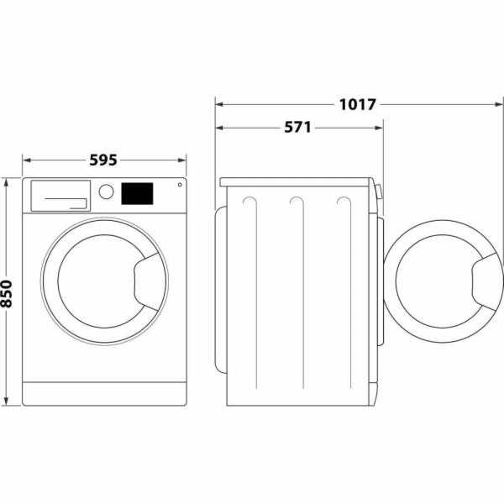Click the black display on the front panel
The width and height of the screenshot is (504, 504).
tap(138, 194)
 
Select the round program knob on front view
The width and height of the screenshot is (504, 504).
tap(106, 192)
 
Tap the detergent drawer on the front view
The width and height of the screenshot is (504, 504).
tap(60, 196)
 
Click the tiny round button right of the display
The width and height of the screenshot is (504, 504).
tap(179, 186)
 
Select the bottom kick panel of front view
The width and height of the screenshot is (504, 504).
tap(103, 393)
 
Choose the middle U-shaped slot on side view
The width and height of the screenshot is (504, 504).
tap(295, 207)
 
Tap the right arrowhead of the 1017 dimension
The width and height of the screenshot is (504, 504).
tap(499, 105)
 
